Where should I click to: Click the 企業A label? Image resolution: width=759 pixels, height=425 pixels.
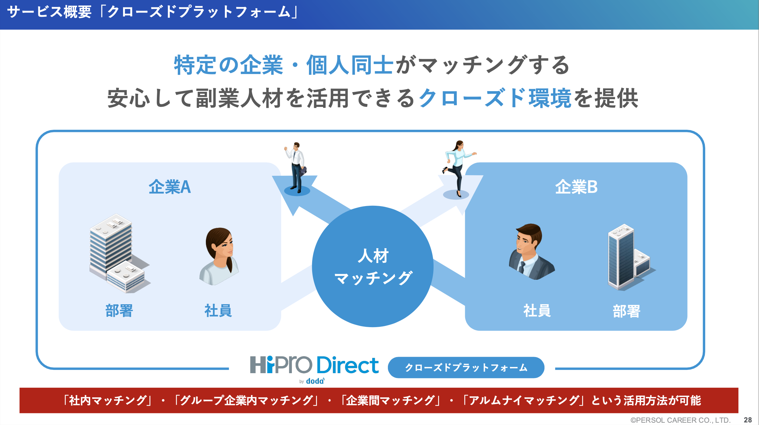click(170, 187)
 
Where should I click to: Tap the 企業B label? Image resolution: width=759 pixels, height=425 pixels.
click(576, 187)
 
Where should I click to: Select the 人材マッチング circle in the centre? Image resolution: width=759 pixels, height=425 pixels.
click(373, 266)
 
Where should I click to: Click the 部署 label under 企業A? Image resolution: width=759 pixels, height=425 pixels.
click(119, 311)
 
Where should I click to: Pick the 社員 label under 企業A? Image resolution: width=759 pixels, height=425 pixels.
click(218, 311)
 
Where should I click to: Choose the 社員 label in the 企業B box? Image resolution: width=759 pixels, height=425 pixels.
click(537, 311)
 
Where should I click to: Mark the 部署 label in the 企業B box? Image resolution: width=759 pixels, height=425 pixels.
click(627, 311)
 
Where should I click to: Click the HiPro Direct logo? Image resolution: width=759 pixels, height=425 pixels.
click(314, 365)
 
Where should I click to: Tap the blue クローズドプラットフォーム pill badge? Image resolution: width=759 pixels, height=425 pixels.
click(466, 367)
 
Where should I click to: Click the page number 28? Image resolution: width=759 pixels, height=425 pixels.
click(748, 420)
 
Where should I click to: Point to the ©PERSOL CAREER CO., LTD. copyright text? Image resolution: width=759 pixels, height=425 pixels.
click(680, 420)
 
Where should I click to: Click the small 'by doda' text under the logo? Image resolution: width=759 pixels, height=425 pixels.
click(312, 381)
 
